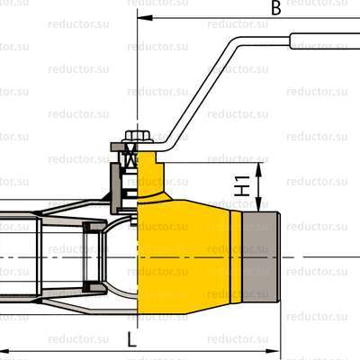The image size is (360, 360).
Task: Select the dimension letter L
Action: tap(131, 339)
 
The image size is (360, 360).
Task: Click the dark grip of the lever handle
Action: tap(324, 40)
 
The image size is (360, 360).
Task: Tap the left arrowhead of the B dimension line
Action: tap(137, 17)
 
